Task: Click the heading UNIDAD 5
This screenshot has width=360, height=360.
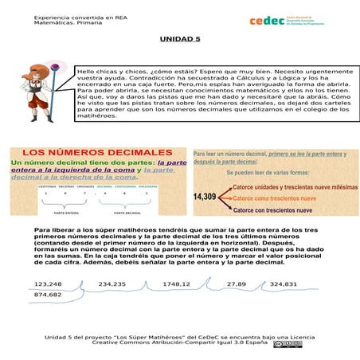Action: [179, 38]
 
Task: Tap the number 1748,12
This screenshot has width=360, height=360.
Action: [176, 284]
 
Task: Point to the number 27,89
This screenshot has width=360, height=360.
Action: [237, 284]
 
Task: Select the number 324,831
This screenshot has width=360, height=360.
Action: [283, 284]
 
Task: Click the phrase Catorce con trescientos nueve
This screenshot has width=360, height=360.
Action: [272, 211]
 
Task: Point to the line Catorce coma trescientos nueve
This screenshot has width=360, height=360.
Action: [275, 198]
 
